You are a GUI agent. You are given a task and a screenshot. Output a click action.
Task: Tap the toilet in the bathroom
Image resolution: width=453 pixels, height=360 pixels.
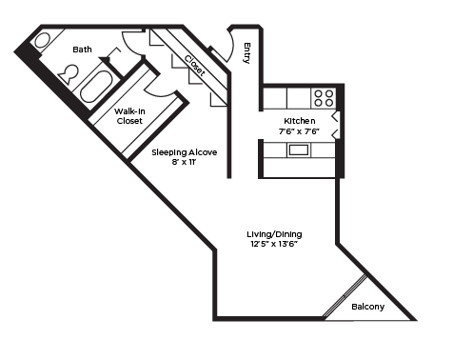pyautogui.click(x=68, y=74)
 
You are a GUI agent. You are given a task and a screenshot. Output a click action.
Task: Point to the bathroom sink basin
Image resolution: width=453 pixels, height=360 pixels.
pyautogui.click(x=43, y=41)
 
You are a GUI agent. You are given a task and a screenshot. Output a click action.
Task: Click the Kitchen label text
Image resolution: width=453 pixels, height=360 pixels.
pyautogui.click(x=300, y=121)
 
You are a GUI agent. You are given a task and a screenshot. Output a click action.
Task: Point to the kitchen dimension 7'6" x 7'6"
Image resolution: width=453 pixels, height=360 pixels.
pyautogui.click(x=300, y=132)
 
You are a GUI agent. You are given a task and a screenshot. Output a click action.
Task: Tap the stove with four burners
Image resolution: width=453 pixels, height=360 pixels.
pyautogui.click(x=324, y=97)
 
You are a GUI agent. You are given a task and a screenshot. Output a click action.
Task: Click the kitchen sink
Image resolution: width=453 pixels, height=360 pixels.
pyautogui.click(x=299, y=150)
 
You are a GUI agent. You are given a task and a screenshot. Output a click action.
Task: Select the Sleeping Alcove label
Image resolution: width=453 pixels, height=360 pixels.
pyautogui.click(x=185, y=152)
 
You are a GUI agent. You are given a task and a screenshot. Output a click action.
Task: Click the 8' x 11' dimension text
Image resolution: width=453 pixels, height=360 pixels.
pyautogui.click(x=185, y=164)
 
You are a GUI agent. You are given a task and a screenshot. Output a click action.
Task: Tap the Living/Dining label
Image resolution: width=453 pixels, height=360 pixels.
pyautogui.click(x=276, y=233)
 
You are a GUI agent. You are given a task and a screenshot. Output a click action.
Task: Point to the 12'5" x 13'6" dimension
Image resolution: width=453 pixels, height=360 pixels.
pyautogui.click(x=276, y=245)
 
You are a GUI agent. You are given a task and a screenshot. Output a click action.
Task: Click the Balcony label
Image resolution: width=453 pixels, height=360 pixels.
pyautogui.click(x=367, y=307)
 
